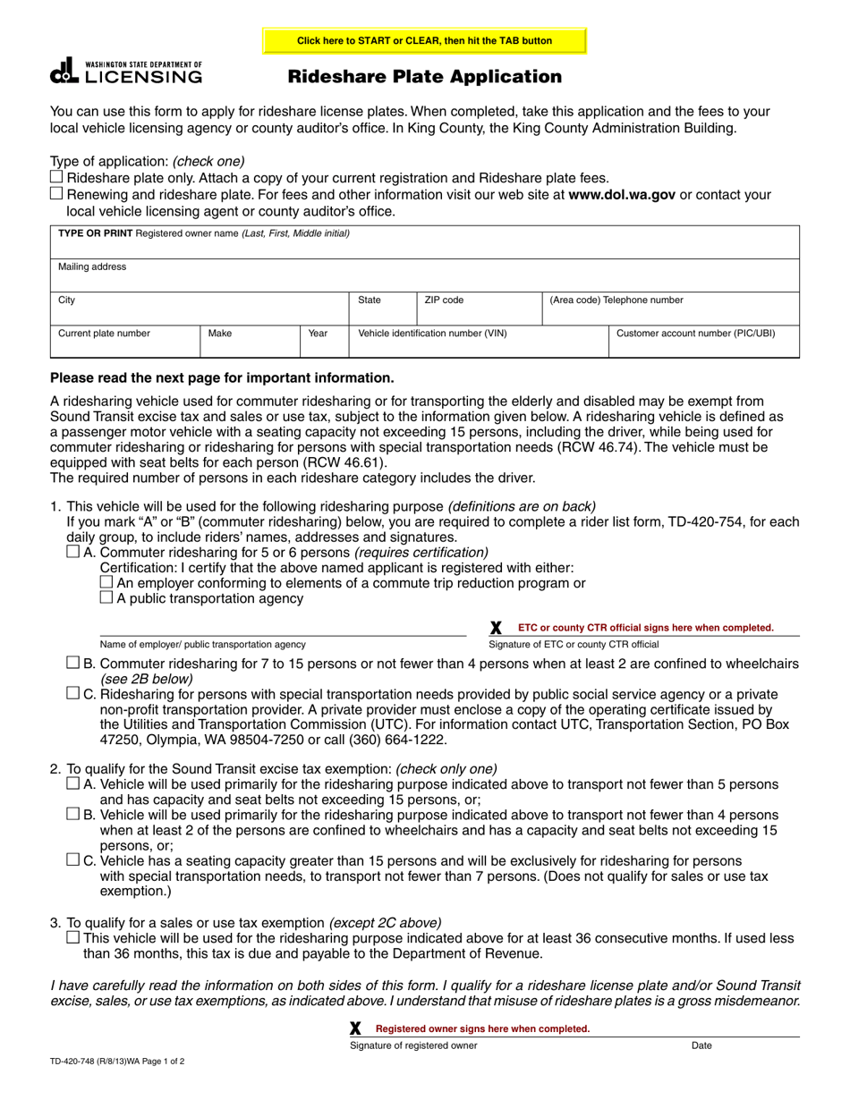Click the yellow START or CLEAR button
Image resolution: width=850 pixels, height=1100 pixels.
pos(424,41)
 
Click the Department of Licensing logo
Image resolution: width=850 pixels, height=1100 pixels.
pos(126,72)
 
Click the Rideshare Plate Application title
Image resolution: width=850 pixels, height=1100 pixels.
pos(424,77)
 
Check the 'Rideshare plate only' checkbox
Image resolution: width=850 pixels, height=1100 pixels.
pos(57,177)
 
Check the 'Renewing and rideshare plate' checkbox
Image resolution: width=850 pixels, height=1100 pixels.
pos(57,194)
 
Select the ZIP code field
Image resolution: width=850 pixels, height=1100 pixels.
pos(479,309)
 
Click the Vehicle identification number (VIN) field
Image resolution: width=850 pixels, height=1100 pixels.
pos(478,342)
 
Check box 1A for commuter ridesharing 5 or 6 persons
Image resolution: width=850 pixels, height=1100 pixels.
pos(73,553)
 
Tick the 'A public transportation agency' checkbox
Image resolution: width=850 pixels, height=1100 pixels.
pos(106,597)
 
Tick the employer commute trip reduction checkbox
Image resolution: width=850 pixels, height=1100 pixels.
pos(106,582)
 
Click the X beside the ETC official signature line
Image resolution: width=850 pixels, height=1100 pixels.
pos(497,628)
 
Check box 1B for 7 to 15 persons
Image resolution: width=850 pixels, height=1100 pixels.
pos(73,663)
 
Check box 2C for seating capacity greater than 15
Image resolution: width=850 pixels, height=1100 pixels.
pos(73,859)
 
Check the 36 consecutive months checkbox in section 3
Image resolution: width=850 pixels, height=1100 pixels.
pos(73,937)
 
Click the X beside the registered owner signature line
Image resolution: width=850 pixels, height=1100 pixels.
pos(356,1028)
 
